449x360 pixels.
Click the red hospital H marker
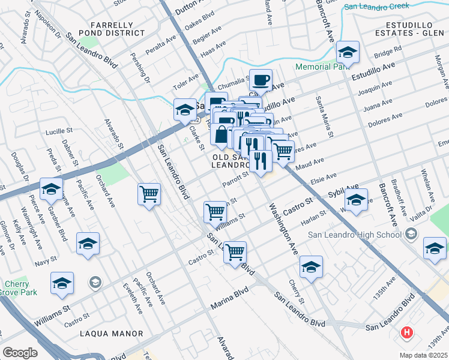coord(408,332)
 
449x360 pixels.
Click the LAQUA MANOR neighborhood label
coord(113,334)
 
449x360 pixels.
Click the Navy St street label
coord(45,261)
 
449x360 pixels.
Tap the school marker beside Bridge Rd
coord(347,53)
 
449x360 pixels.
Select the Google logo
coord(20,353)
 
